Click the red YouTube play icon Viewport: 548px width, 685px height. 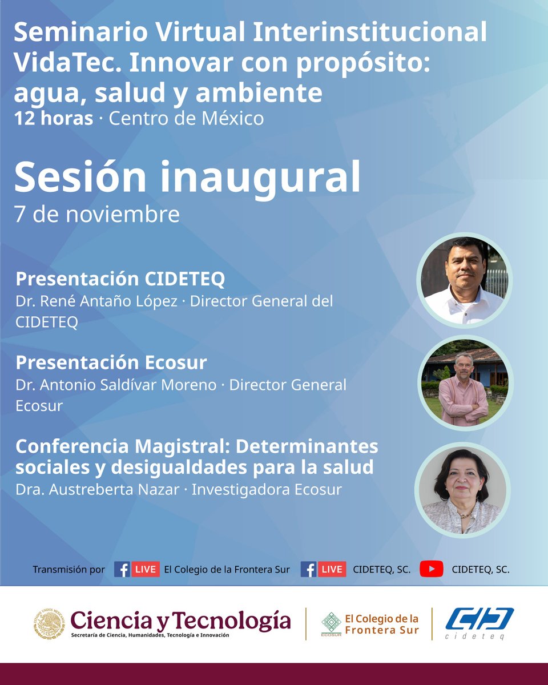(x=432, y=569)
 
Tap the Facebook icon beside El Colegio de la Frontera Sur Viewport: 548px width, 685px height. (x=122, y=569)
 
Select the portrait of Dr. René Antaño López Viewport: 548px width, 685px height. (x=464, y=280)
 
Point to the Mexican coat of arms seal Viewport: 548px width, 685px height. (x=49, y=623)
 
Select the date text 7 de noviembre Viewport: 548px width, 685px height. (x=96, y=214)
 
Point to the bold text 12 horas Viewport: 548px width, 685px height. (x=54, y=119)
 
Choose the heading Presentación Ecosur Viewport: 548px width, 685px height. (x=111, y=362)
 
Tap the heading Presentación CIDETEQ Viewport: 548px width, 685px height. (x=120, y=279)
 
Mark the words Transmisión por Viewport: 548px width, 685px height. (x=68, y=569)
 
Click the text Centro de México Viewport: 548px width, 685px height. (x=186, y=119)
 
